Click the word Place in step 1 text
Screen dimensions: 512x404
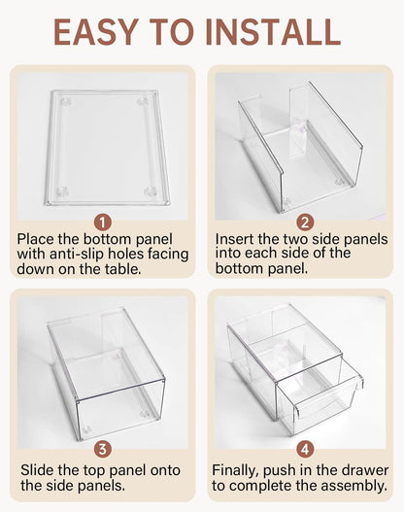pyautogui.click(x=40, y=238)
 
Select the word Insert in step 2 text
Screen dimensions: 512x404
pyautogui.click(x=239, y=238)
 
